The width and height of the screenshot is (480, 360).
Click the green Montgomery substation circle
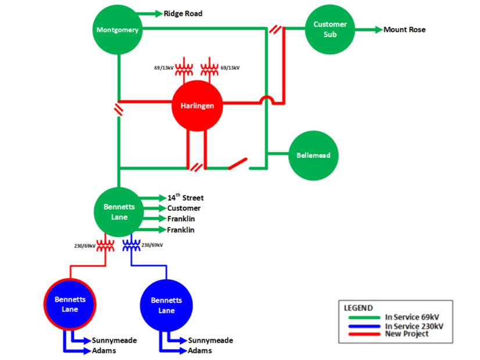(x=118, y=30)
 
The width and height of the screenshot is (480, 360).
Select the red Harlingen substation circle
(x=198, y=106)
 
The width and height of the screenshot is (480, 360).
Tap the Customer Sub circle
(x=330, y=29)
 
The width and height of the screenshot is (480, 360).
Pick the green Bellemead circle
(x=314, y=155)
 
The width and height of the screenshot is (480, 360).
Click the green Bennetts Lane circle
(x=119, y=213)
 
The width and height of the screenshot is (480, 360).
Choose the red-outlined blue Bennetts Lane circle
(x=70, y=304)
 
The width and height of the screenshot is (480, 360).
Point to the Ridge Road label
(x=183, y=13)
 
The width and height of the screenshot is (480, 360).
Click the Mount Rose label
(x=404, y=30)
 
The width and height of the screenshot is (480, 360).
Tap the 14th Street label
(x=185, y=198)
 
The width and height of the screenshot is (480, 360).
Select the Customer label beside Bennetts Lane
(x=184, y=208)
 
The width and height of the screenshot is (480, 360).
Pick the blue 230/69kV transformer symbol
(x=131, y=244)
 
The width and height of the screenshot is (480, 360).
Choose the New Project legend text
(x=407, y=334)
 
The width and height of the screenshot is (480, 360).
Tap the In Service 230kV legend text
(x=414, y=326)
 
